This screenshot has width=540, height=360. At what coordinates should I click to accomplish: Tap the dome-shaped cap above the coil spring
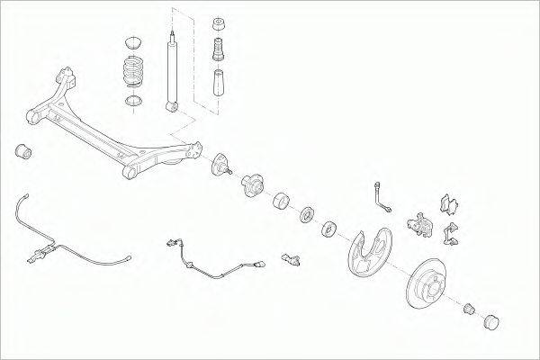click(x=132, y=41)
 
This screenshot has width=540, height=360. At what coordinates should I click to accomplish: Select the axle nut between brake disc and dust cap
click(x=469, y=309)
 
